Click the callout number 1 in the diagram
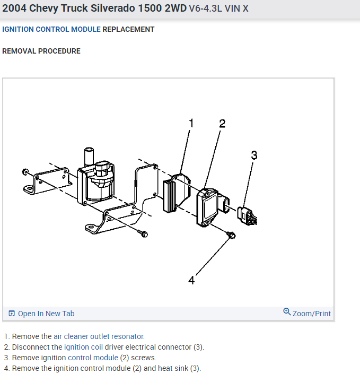191,124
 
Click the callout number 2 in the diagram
222,124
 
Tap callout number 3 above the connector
254,155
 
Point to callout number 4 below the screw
191,280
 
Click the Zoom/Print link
311,314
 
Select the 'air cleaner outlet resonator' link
99,336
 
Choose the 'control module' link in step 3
93,358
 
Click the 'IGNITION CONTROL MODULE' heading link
51,29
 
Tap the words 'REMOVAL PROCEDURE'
41,51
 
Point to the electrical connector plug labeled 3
246,214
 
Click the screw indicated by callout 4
231,235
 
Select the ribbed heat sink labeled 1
172,194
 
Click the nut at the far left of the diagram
25,172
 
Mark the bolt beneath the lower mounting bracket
143,233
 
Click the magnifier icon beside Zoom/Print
287,312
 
